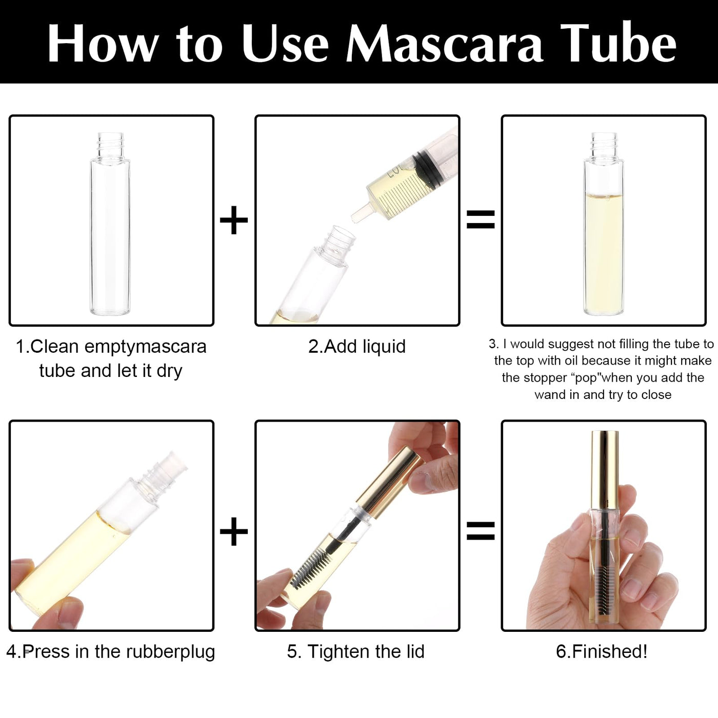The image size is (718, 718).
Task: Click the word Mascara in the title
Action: (x=445, y=44)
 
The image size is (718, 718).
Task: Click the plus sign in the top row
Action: (x=234, y=220)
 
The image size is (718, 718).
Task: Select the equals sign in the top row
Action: (x=481, y=220)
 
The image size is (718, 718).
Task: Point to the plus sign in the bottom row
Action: (x=234, y=531)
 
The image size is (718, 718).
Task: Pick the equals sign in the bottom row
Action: (x=481, y=531)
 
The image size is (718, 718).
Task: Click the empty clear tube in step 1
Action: (x=110, y=224)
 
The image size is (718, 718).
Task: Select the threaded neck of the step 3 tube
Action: (x=603, y=145)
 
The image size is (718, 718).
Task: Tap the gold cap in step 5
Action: (x=390, y=483)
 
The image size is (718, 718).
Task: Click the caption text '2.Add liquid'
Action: (x=357, y=347)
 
